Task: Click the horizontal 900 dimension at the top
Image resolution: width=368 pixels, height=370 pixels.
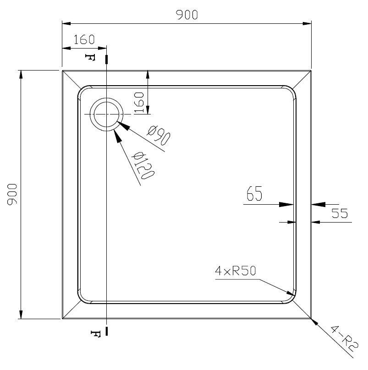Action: pos(187,15)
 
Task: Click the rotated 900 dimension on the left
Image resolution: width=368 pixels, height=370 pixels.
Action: pos(12,195)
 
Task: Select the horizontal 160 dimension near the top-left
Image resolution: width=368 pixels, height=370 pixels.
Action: pos(84,40)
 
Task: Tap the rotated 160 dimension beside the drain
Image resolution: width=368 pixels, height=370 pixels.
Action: pos(139,103)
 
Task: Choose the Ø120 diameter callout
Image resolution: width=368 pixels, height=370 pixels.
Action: pos(143,166)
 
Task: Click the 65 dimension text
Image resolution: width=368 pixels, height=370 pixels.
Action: pos(254,193)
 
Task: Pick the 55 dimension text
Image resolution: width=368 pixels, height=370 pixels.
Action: pos(340,213)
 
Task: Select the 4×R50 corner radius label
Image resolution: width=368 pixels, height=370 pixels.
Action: pos(235,271)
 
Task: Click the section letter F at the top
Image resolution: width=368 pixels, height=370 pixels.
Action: pos(90,57)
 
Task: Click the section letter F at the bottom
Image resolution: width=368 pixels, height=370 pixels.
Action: pos(96,334)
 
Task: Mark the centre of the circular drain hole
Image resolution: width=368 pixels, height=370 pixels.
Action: pos(106,114)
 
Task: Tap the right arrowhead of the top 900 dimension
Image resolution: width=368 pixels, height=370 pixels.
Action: pos(307,24)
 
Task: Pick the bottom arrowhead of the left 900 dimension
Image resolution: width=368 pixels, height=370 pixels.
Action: pos(21,315)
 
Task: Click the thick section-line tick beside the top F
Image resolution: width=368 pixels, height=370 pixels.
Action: pos(107,59)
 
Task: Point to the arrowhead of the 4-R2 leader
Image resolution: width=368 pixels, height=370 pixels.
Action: pos(314,322)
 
